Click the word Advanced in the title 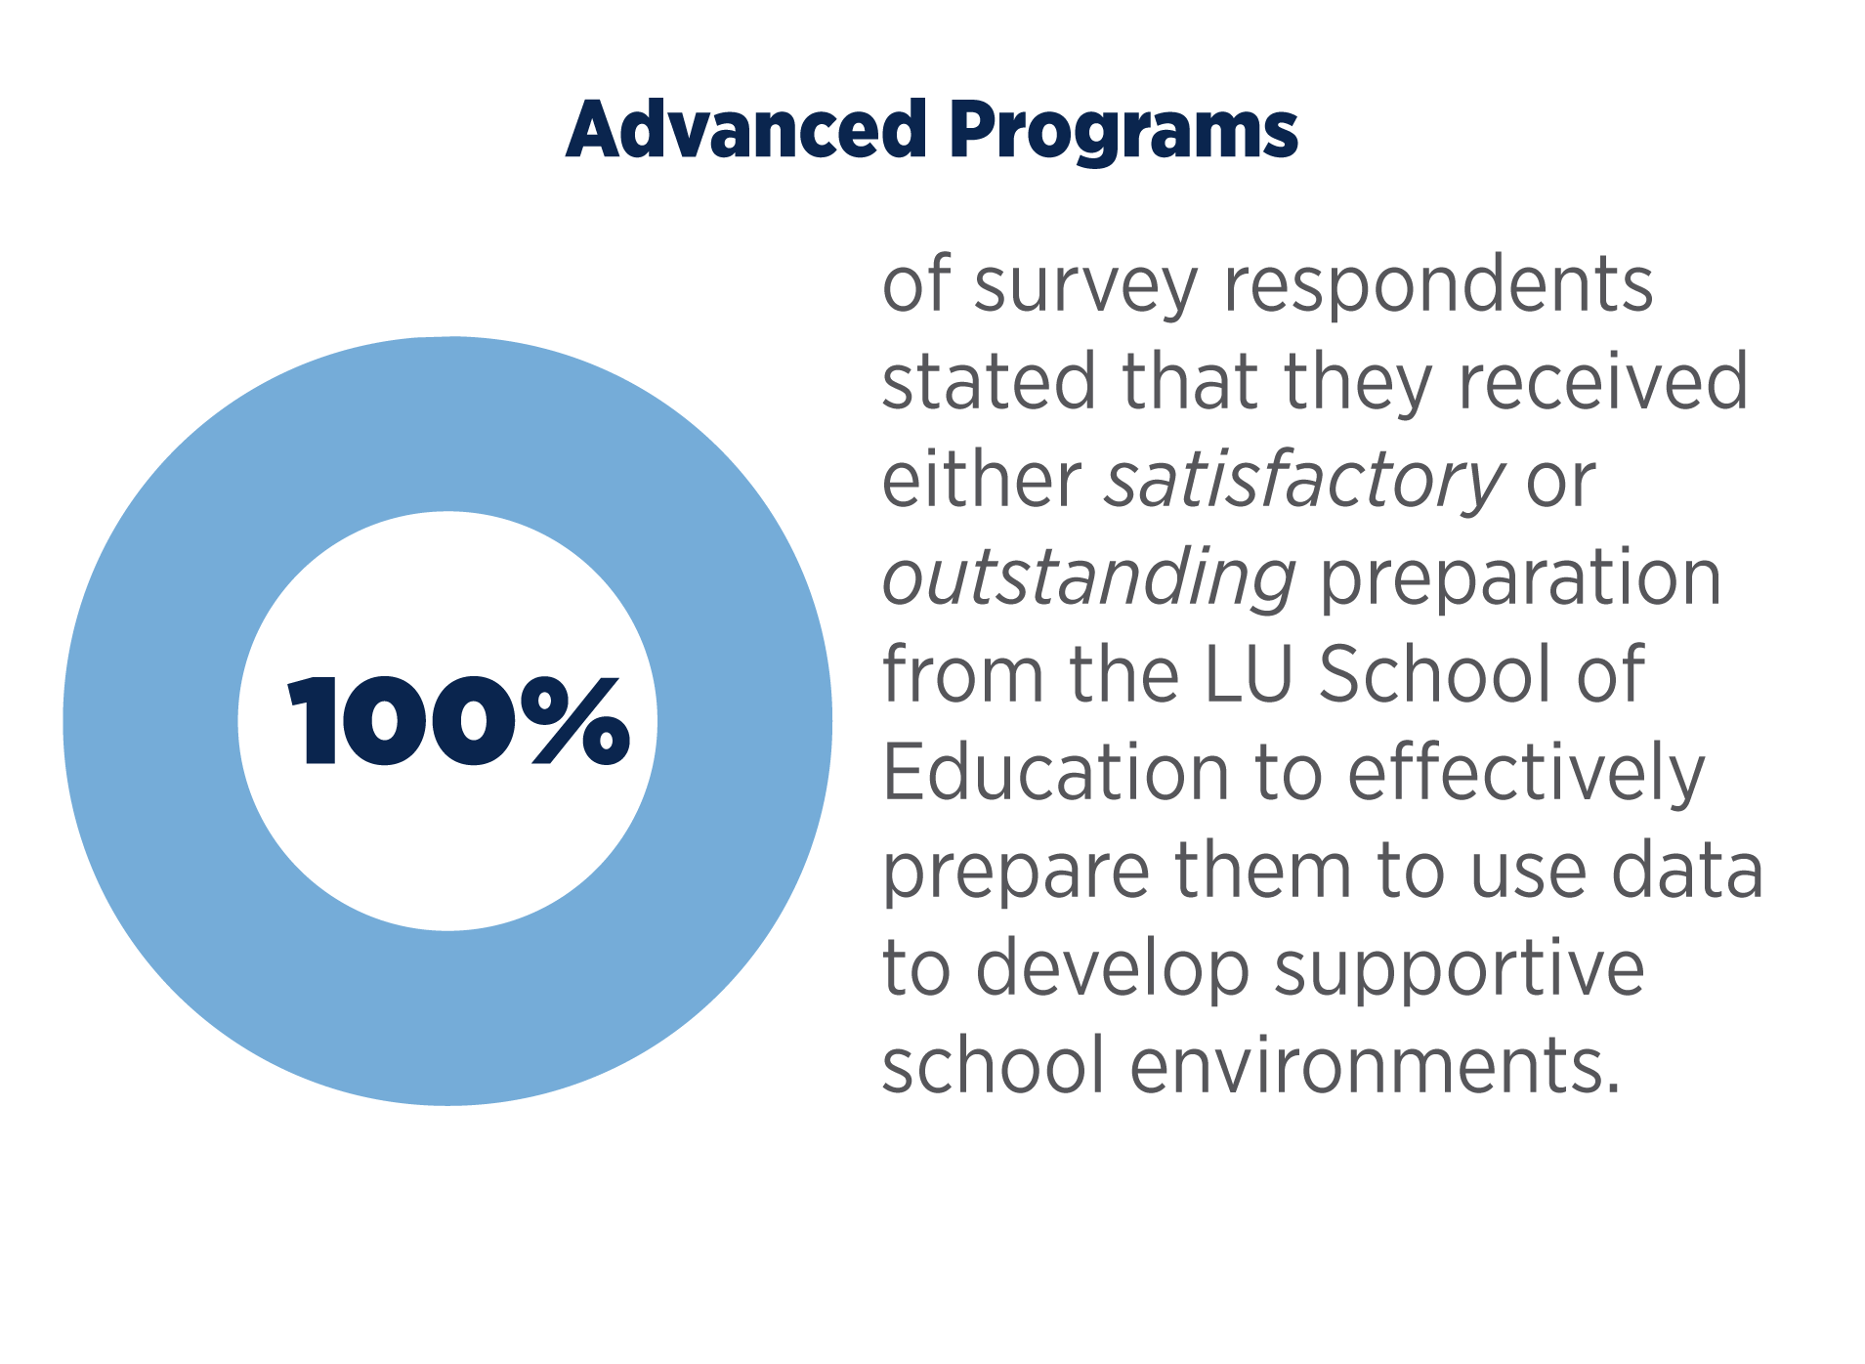(x=745, y=130)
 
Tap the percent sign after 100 (x=575, y=721)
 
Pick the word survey (x=1085, y=287)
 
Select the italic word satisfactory (x=1303, y=482)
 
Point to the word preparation (x=1520, y=579)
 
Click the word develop (x=1114, y=969)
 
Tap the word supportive (x=1460, y=969)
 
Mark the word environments (x=1375, y=1065)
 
